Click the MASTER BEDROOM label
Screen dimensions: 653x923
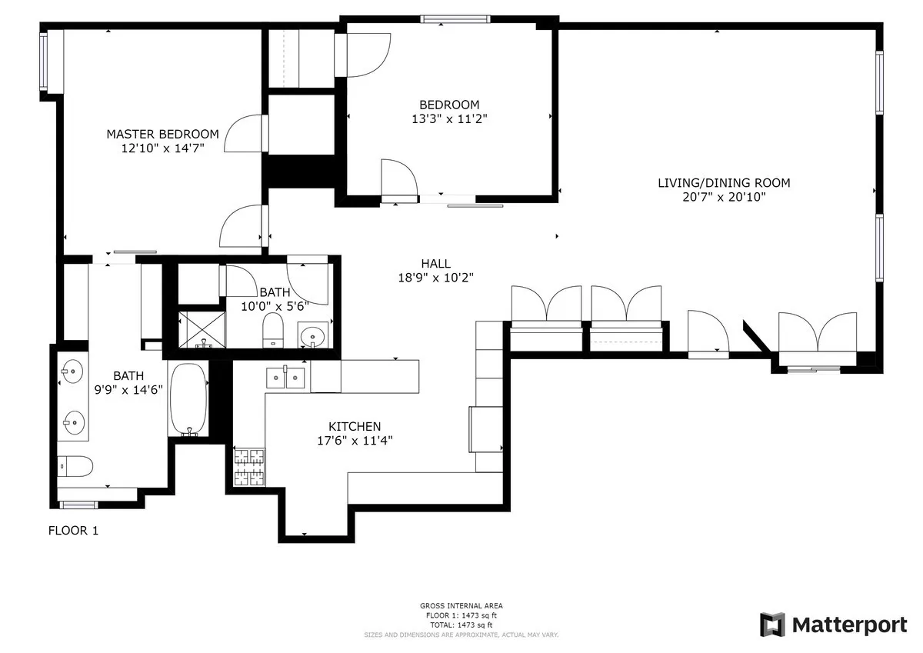tap(162, 134)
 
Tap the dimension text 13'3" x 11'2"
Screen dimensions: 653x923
tap(450, 119)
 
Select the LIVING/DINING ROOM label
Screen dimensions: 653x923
tap(723, 183)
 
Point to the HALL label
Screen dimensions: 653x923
tap(435, 264)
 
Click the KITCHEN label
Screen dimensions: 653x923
tap(355, 426)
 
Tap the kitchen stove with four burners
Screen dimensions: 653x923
tap(248, 467)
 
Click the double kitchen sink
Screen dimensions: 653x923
tap(285, 378)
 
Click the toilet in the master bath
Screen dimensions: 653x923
tap(75, 466)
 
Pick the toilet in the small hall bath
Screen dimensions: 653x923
tap(273, 332)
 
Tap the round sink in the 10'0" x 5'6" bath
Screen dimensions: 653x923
tap(312, 335)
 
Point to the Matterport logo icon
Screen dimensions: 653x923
tap(772, 625)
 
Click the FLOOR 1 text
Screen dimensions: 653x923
tap(73, 531)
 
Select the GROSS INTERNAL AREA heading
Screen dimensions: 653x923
tap(461, 606)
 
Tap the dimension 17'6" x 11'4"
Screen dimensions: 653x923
tap(355, 441)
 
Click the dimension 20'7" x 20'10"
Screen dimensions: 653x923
tap(723, 197)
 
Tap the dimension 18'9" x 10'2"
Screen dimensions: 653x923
tap(435, 278)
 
